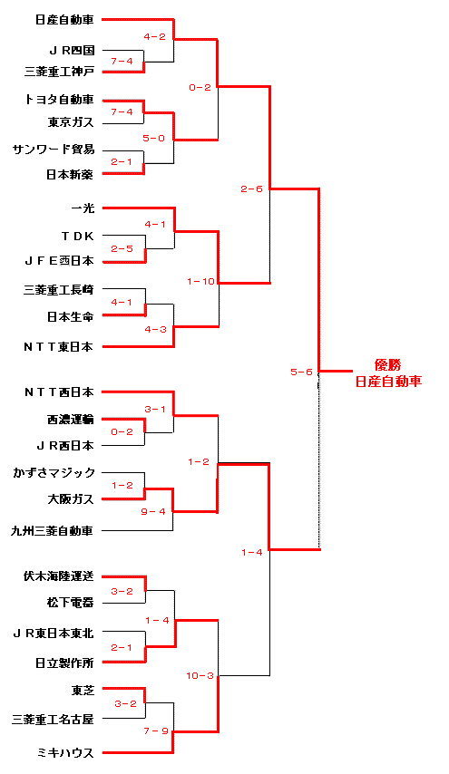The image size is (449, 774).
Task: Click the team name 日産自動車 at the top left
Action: pyautogui.click(x=64, y=20)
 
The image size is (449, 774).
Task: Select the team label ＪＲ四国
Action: pyautogui.click(x=72, y=51)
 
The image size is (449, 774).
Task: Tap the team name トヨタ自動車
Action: pyautogui.click(x=59, y=100)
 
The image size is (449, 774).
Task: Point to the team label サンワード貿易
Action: pyautogui.click(x=54, y=149)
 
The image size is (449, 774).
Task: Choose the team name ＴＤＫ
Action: pyautogui.click(x=77, y=237)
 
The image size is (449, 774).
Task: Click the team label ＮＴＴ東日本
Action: pyautogui.click(x=59, y=347)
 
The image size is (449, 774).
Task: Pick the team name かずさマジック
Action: pyautogui.click(x=54, y=473)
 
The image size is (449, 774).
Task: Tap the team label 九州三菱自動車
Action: pyautogui.click(x=53, y=531)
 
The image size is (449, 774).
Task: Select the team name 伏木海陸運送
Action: pyautogui.click(x=59, y=576)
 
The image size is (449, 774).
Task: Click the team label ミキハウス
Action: pyautogui.click(x=65, y=753)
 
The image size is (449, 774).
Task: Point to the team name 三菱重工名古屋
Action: pyautogui.click(x=53, y=720)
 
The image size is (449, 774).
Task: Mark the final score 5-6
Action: pyautogui.click(x=301, y=372)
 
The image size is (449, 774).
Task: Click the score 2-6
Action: pyautogui.click(x=251, y=189)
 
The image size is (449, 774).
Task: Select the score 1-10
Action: pyautogui.click(x=201, y=282)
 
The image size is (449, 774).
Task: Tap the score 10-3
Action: pyautogui.click(x=200, y=676)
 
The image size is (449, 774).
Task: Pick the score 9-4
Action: pyautogui.click(x=153, y=512)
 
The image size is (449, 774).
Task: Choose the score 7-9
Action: pyautogui.click(x=156, y=731)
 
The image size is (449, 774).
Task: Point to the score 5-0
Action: pyautogui.click(x=154, y=138)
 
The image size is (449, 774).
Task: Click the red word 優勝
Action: pyautogui.click(x=388, y=365)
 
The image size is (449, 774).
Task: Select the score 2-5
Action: pyautogui.click(x=122, y=248)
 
